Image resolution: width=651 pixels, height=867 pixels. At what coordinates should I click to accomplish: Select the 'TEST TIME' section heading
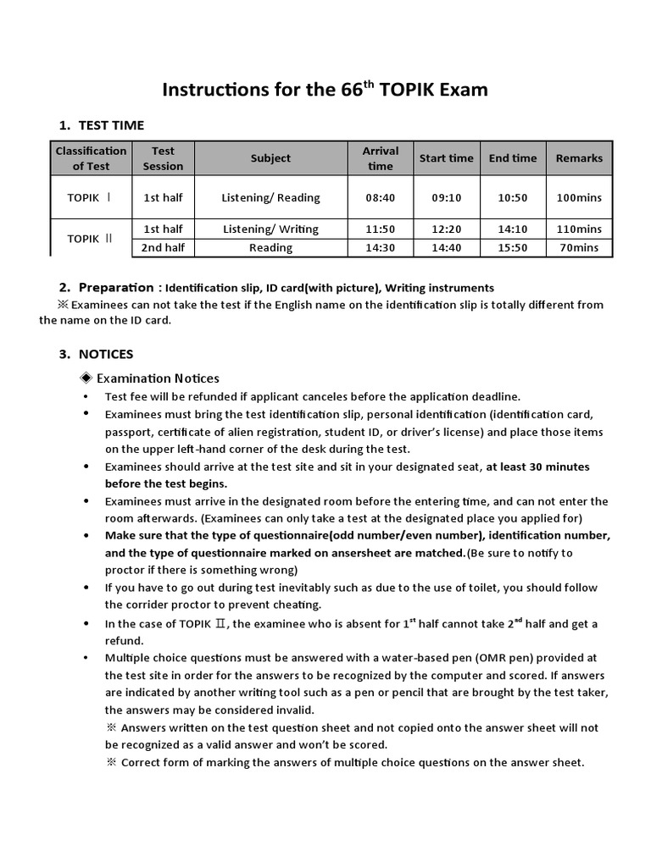click(x=111, y=125)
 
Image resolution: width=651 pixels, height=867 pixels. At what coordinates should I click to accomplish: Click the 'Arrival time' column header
click(x=381, y=158)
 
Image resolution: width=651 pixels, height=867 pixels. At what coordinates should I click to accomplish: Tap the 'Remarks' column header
click(x=579, y=158)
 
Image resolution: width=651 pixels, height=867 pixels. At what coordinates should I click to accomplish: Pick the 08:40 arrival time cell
click(x=381, y=197)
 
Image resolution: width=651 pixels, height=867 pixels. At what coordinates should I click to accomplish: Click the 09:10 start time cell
click(x=446, y=197)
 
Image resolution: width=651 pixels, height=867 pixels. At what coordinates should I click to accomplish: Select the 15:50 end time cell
click(x=512, y=247)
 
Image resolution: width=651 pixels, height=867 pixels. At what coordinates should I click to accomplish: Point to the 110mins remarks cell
click(x=579, y=229)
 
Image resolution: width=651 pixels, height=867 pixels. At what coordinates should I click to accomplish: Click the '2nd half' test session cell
click(x=163, y=247)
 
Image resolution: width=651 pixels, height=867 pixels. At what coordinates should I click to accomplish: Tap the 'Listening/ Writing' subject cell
click(x=270, y=229)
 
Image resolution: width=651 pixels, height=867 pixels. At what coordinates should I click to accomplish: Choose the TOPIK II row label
click(x=90, y=239)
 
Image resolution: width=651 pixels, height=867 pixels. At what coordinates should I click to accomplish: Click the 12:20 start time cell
click(x=446, y=229)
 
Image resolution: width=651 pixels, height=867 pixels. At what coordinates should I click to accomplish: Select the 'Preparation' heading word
click(x=116, y=288)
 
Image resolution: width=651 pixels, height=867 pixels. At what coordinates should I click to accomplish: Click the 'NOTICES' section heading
click(x=106, y=354)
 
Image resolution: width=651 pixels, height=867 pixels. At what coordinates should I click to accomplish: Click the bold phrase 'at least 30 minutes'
click(x=537, y=467)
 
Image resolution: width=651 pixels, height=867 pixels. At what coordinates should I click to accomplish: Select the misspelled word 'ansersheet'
click(x=335, y=553)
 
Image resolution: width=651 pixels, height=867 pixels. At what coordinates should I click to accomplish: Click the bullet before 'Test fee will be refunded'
click(x=86, y=396)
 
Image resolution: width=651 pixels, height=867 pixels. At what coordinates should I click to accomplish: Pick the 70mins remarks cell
click(x=579, y=247)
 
